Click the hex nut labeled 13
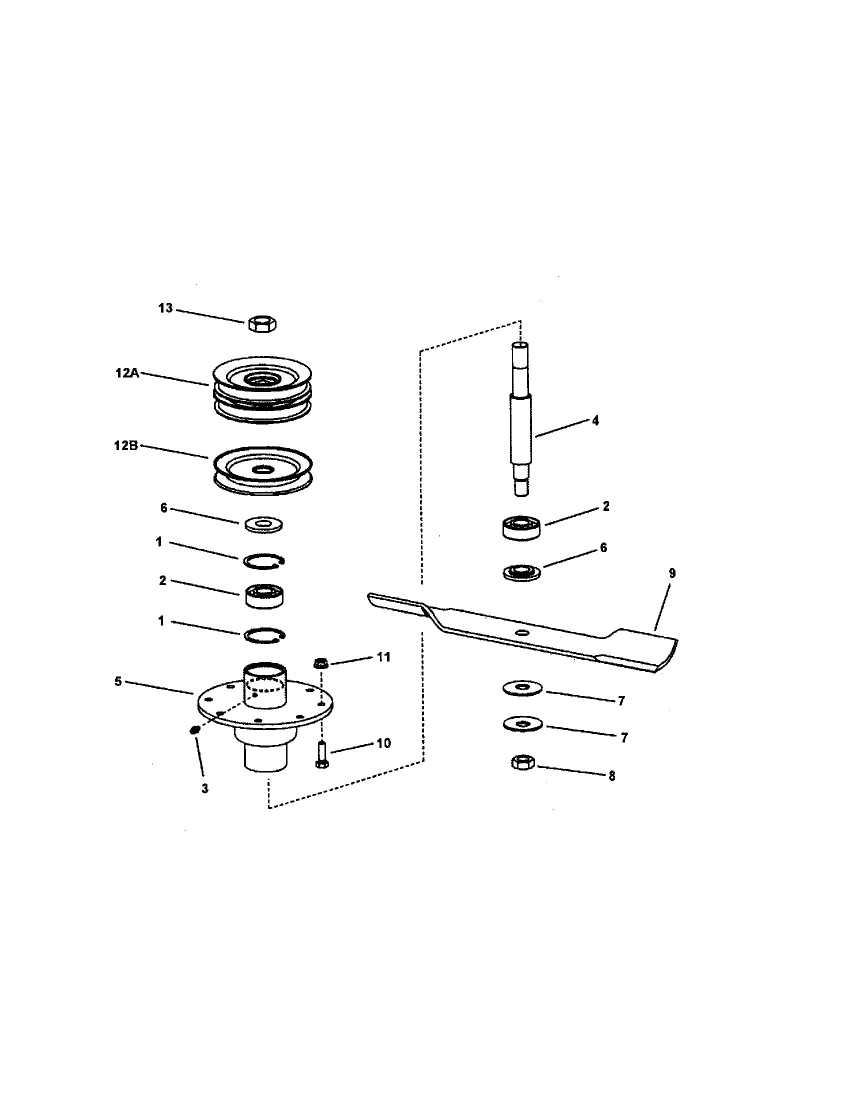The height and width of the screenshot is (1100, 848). coord(262,323)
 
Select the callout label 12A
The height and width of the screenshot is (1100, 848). coord(127,373)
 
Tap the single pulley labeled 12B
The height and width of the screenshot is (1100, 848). coord(262,468)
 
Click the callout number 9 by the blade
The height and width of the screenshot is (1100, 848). coord(672,573)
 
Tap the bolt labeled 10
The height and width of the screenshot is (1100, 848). coord(321,755)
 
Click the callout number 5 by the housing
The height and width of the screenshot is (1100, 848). coord(118,681)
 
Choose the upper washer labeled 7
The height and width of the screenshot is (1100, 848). coord(522,688)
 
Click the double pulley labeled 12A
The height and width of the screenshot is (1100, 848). coord(262,390)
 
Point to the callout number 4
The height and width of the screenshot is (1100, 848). coord(595,420)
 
